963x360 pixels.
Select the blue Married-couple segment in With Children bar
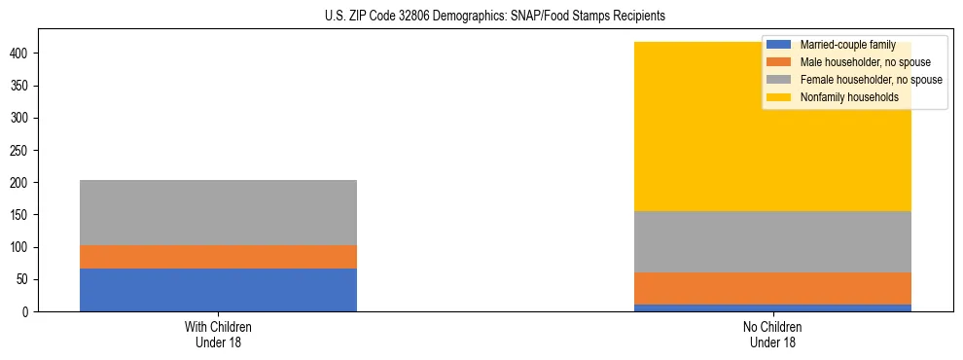pos(218,290)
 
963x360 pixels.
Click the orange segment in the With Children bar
pos(218,257)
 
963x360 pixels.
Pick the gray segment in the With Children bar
pos(218,212)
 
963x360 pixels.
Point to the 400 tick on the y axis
pos(26,54)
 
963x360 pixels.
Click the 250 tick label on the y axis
pos(26,151)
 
